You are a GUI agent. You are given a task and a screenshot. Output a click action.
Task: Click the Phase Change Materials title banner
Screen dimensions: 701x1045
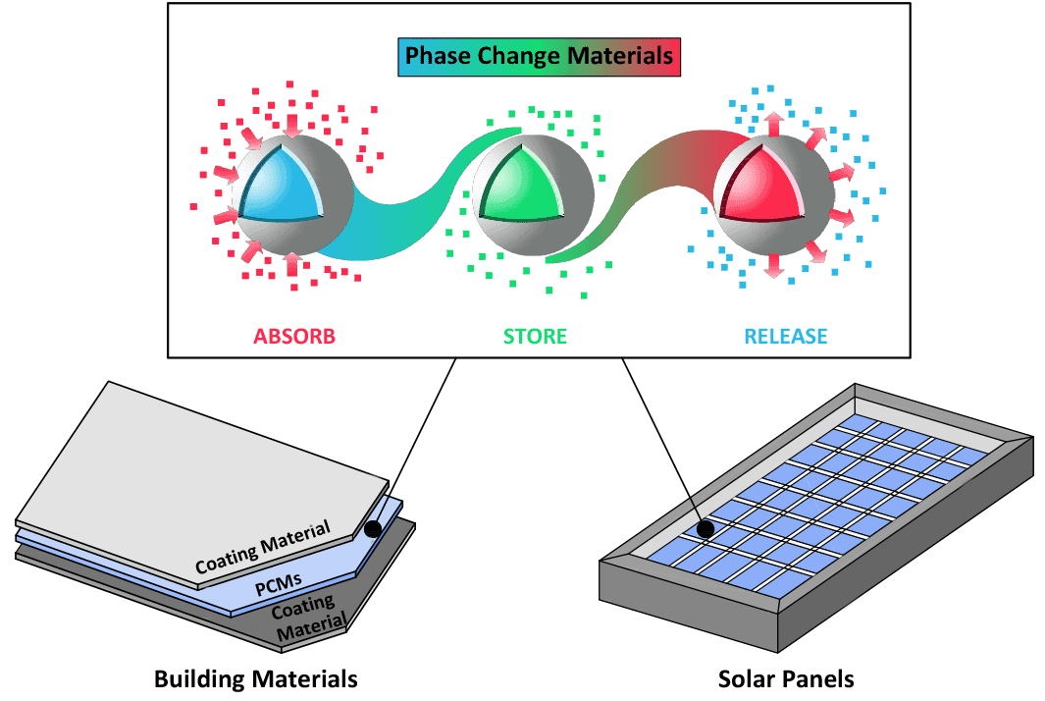pyautogui.click(x=540, y=57)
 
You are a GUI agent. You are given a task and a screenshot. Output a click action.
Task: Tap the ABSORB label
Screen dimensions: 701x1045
pyautogui.click(x=294, y=337)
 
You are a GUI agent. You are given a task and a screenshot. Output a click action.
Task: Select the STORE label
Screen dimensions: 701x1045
pyautogui.click(x=535, y=337)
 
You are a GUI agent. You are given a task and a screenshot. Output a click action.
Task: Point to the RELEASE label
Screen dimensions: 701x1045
pyautogui.click(x=785, y=337)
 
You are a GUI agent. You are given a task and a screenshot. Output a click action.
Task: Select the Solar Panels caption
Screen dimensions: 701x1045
pyautogui.click(x=786, y=678)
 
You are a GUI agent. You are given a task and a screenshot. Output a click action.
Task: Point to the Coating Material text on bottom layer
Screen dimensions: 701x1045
pyautogui.click(x=306, y=618)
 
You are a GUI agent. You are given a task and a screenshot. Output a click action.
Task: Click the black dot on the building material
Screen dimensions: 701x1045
pyautogui.click(x=372, y=529)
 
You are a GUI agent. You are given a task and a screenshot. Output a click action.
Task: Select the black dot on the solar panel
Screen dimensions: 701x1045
pyautogui.click(x=705, y=530)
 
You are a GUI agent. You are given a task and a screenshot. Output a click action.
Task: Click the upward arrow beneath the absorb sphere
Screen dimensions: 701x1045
pyautogui.click(x=291, y=264)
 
